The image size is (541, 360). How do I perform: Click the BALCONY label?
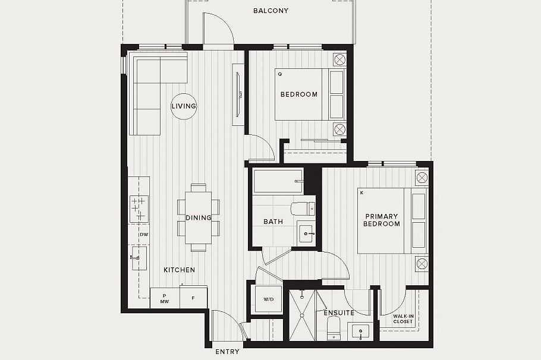coord(270,11)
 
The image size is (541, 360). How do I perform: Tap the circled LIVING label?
coord(184,106)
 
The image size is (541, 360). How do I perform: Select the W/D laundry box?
coord(268,299)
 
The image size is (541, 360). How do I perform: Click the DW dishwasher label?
coord(143,235)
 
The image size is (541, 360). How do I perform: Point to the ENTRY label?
coord(227,352)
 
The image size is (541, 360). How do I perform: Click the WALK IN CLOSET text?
coord(402,320)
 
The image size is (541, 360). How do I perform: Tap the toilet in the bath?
coord(303,209)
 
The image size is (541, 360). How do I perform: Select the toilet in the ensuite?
coord(333,327)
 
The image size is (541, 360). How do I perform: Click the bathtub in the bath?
coord(278,181)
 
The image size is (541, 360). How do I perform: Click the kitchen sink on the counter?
coord(138,259)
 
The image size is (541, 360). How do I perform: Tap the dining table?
coord(199,217)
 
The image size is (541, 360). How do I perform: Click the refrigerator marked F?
coord(193,298)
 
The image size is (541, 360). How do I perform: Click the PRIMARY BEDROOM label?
coord(382,220)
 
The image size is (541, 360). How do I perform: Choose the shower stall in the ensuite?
coord(302,315)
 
